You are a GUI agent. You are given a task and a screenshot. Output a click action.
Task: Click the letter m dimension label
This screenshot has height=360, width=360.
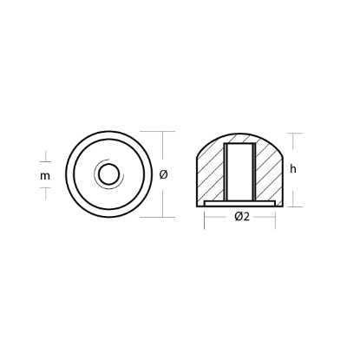[45, 175]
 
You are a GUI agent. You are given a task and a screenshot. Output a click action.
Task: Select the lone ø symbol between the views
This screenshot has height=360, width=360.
[164, 174]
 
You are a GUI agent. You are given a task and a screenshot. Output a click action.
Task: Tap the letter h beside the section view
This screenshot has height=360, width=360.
[294, 170]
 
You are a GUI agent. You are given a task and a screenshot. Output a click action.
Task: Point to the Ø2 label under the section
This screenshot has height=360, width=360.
[241, 218]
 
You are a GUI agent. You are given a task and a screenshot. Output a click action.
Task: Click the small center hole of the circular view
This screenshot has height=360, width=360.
[108, 174]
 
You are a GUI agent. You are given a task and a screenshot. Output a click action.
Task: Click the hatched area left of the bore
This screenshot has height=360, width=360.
[211, 173]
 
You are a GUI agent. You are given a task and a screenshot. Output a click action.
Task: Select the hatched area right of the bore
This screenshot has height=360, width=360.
[270, 173]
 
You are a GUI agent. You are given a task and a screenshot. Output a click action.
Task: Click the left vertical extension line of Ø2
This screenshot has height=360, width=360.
[205, 221]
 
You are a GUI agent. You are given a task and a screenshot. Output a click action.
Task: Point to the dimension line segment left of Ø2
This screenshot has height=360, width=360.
[218, 218]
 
